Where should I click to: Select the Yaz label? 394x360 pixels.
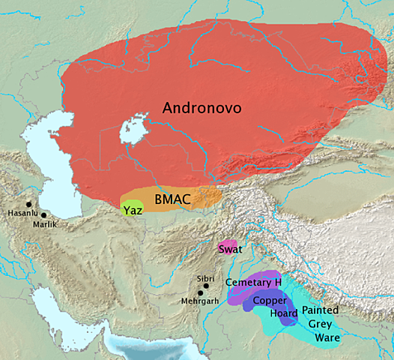[133, 209]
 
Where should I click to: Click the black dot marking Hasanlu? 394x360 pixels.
[29, 204]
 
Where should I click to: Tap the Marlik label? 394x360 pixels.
[44, 223]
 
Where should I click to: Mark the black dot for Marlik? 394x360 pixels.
[44, 215]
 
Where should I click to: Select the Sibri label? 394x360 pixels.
[204, 278]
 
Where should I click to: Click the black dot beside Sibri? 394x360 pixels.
[206, 286]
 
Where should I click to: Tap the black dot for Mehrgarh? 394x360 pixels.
[200, 293]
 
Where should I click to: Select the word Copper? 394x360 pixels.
[270, 299]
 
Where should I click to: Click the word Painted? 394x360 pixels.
[321, 310]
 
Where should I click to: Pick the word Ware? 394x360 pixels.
[327, 338]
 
